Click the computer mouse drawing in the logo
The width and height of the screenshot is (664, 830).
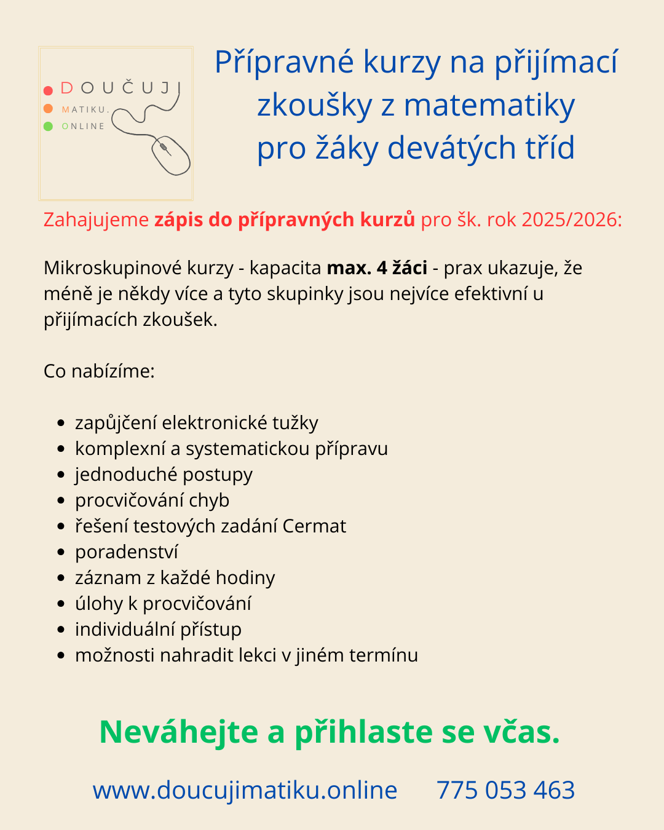point(171,155)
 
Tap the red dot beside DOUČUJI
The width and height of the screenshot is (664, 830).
point(48,90)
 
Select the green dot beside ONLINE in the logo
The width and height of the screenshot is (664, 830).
point(48,127)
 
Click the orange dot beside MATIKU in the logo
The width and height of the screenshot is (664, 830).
point(48,109)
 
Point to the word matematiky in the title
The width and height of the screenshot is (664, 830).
point(489,106)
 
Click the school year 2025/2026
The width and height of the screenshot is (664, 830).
point(571,219)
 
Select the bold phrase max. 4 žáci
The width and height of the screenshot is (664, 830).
point(377,268)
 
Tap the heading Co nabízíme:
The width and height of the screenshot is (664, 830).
point(99,371)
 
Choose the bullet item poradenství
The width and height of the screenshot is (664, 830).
point(127,552)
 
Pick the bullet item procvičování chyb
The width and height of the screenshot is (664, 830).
point(152,500)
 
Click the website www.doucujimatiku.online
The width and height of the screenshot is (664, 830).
point(245,790)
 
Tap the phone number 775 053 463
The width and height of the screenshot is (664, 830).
point(505,790)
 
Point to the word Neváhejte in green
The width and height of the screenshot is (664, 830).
point(179,732)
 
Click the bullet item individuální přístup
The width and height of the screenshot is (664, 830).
point(158,630)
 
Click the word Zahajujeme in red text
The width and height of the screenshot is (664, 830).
point(96,219)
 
